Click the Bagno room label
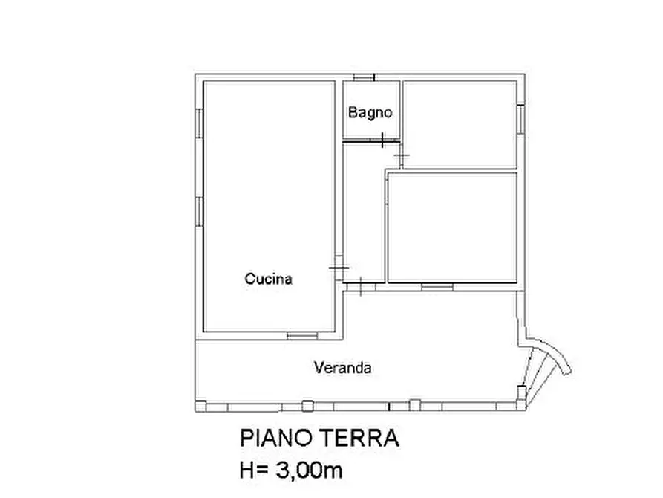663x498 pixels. pos(370,113)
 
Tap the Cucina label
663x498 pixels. pos(268,279)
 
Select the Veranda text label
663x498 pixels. pos(342,367)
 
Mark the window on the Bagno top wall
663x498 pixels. pos(364,77)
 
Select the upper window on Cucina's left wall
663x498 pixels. pos(199,122)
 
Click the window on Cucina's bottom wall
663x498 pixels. pos(302,336)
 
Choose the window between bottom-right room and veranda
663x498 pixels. pos(437,286)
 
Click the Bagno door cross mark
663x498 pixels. pos(382,140)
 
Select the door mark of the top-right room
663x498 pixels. pos(402,155)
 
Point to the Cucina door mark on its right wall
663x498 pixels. pos(338,268)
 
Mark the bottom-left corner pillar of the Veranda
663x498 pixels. pos(200,405)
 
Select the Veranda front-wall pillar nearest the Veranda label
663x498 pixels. pos(307,405)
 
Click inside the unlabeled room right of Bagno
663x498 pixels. pos(459,123)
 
